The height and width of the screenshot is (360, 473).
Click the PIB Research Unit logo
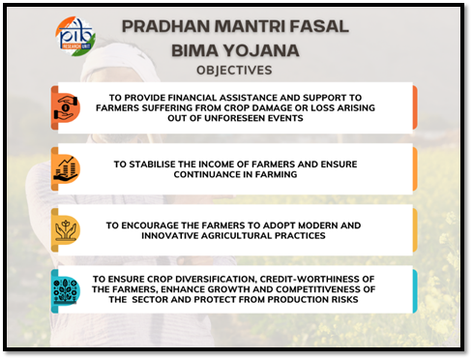click(x=75, y=34)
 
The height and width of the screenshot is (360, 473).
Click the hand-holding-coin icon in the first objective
click(x=66, y=107)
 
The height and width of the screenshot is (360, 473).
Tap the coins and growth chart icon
click(x=66, y=169)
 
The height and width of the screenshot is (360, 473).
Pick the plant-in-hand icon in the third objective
click(x=66, y=230)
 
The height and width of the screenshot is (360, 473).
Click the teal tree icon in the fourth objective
click(x=66, y=292)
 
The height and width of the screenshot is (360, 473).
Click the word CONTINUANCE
click(x=223, y=175)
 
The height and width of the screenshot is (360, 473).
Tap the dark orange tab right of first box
click(x=415, y=107)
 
